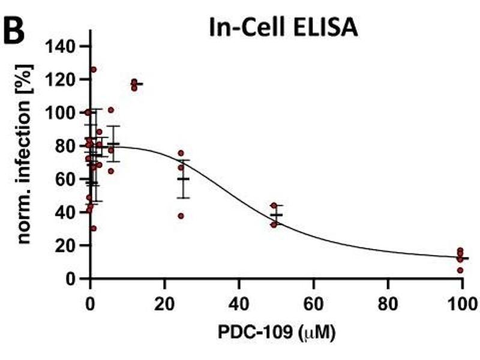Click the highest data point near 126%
(93, 70)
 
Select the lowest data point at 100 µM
(460, 270)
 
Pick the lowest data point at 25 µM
(181, 216)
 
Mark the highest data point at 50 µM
(274, 206)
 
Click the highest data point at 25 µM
(181, 154)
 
